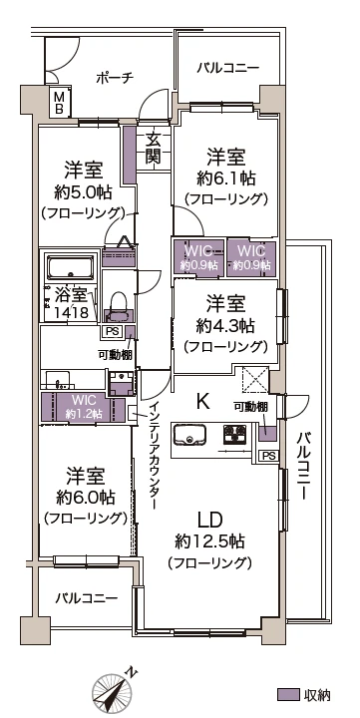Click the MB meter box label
[60, 102]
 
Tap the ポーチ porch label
[115, 78]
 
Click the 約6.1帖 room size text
[225, 179]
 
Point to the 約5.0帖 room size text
[84, 192]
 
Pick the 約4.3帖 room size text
[225, 326]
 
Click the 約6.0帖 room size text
[85, 496]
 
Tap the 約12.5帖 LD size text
[209, 541]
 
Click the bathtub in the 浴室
[71, 267]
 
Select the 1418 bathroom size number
[73, 313]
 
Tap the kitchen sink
[189, 434]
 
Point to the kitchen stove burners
[235, 434]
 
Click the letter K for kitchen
[202, 402]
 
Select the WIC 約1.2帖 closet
[83, 407]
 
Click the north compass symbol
[112, 690]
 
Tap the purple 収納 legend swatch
[288, 694]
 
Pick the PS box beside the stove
[269, 456]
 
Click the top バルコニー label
[228, 68]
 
